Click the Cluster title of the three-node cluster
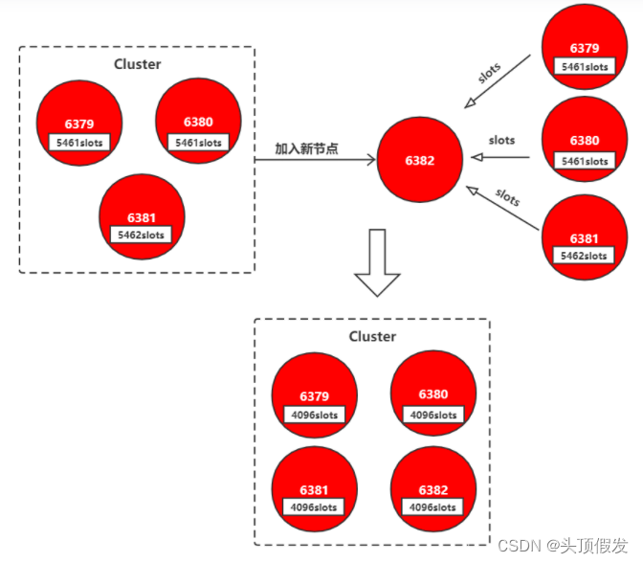[138, 64]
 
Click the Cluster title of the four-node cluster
[372, 336]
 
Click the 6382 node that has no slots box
[419, 161]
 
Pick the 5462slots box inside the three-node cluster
[141, 235]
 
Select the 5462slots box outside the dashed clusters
[584, 256]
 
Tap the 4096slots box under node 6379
[314, 415]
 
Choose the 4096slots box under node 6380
[432, 415]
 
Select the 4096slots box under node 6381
[315, 507]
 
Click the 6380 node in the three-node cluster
[197, 123]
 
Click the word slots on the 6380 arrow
[502, 141]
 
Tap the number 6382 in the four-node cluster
[433, 490]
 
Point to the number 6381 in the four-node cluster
[314, 490]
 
